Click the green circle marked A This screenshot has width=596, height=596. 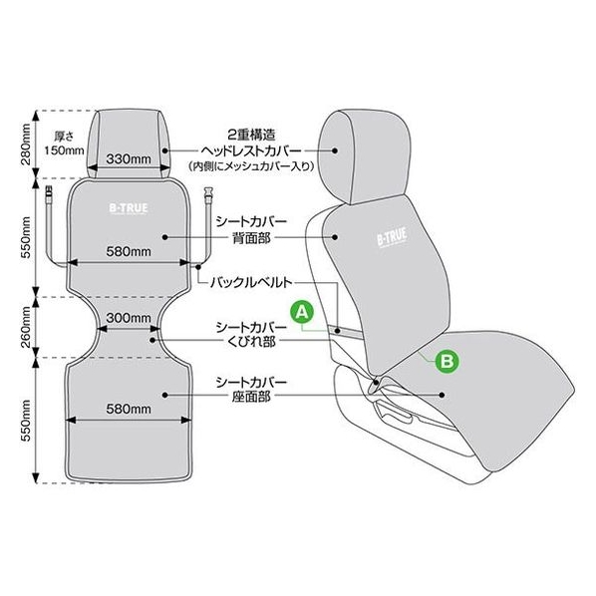click(x=302, y=312)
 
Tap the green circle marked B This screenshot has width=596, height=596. click(x=447, y=361)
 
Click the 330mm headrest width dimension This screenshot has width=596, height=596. click(x=129, y=158)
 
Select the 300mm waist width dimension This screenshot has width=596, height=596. click(x=129, y=318)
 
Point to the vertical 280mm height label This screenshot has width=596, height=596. click(x=26, y=144)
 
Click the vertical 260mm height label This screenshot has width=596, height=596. click(x=26, y=327)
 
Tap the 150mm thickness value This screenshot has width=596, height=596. click(x=64, y=150)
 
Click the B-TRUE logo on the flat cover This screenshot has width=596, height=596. click(x=129, y=208)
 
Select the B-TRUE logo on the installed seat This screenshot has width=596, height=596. click(x=392, y=237)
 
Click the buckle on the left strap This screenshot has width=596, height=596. click(x=48, y=195)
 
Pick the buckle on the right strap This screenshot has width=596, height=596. click(x=208, y=195)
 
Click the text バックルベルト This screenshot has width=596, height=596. click(x=251, y=282)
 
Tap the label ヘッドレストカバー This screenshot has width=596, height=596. click(x=251, y=150)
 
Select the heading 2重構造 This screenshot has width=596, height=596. click(x=251, y=135)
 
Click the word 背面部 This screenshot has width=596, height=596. click(x=251, y=238)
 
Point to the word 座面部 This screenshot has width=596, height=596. click(x=251, y=397)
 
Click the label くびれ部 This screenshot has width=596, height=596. click(x=251, y=342)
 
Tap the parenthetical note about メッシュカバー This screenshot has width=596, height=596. click(x=251, y=166)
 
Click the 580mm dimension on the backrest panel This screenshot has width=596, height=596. click(x=129, y=251)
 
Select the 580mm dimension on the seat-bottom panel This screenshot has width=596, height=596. click(x=129, y=409)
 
